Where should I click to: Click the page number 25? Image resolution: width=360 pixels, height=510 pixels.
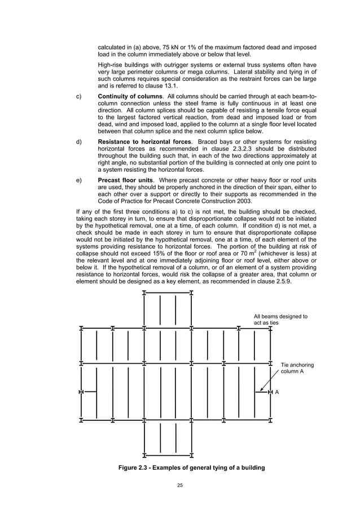click(x=179, y=485)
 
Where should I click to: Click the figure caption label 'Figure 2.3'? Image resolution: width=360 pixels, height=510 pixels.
click(x=135, y=469)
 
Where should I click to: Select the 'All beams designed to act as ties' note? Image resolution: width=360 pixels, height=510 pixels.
click(x=280, y=320)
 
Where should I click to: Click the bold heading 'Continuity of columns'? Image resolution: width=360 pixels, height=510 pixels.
click(x=130, y=97)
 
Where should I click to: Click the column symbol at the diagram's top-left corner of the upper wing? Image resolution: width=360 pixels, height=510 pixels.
click(x=144, y=293)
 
